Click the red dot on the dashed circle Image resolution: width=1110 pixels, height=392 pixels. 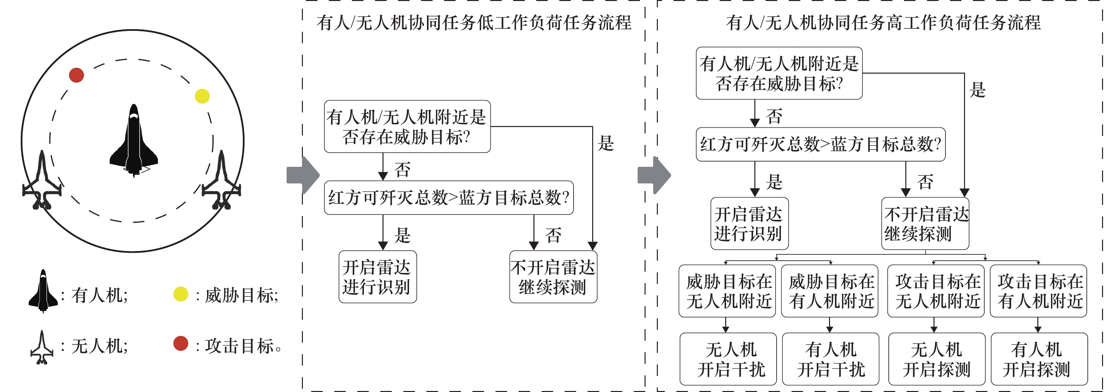point(76,75)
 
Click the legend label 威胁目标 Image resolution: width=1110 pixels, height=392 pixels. point(241,295)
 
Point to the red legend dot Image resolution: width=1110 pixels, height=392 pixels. point(180,344)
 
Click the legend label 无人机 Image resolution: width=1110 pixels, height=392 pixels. point(99,346)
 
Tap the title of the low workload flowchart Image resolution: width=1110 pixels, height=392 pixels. point(474,23)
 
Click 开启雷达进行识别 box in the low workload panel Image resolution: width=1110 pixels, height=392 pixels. point(378,277)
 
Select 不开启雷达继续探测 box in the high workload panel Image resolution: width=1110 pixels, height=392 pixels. point(925,224)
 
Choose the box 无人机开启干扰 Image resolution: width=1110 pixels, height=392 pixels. point(728,359)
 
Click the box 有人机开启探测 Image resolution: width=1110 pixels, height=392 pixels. point(1039,359)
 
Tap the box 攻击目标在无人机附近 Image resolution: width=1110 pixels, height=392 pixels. point(936,291)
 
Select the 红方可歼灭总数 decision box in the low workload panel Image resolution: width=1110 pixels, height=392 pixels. point(449,198)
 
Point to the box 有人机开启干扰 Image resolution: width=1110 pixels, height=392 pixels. point(830,359)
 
